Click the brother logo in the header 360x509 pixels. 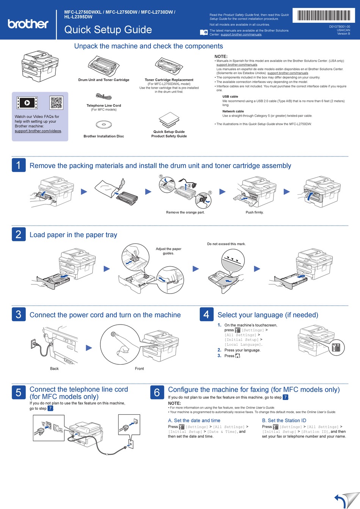pos(28,24)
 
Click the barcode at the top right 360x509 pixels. pos(324,16)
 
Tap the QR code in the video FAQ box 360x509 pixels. pos(56,103)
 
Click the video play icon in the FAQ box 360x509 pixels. pos(27,103)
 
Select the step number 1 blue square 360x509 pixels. pos(19,165)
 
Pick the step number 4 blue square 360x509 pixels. pos(206,314)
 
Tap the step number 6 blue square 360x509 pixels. pos(157,393)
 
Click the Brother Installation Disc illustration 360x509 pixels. pos(103,124)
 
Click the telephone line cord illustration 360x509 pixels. pos(103,97)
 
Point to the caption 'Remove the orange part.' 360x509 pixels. pos(185,212)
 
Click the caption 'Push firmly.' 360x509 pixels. pos(254,212)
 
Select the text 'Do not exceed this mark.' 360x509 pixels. pos(226,244)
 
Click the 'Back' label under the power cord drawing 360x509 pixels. pos(54,368)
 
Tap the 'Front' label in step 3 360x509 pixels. pos(139,368)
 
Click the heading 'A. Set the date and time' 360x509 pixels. pos(194,420)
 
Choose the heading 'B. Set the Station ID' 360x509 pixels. pos(284,420)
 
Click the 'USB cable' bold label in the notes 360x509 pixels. pos(230,97)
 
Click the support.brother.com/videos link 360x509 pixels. pos(38,131)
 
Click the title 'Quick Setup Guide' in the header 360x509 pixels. pos(108,30)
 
